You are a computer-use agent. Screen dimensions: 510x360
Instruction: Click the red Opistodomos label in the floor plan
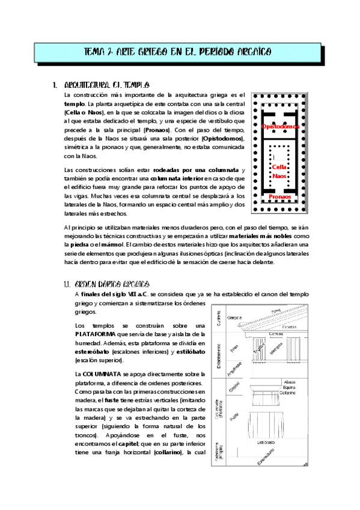click(281, 127)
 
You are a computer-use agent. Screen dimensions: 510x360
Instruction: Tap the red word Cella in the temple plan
click(279, 167)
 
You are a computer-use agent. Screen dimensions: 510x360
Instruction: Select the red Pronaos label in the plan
click(281, 197)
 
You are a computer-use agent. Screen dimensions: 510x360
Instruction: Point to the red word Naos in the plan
click(279, 176)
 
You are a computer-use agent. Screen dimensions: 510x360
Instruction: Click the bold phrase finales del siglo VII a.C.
click(114, 293)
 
